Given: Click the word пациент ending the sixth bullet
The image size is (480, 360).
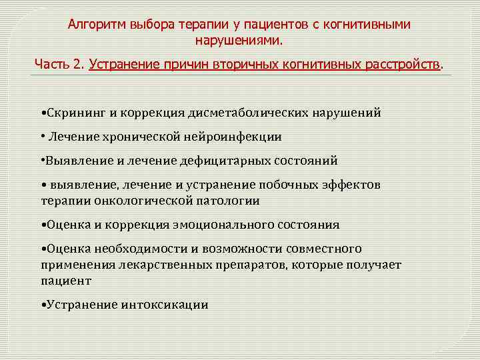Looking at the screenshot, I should click(65, 280).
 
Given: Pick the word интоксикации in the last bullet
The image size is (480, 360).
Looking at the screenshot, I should click(165, 305).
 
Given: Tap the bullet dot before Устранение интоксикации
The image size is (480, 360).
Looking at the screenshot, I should click(43, 305).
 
